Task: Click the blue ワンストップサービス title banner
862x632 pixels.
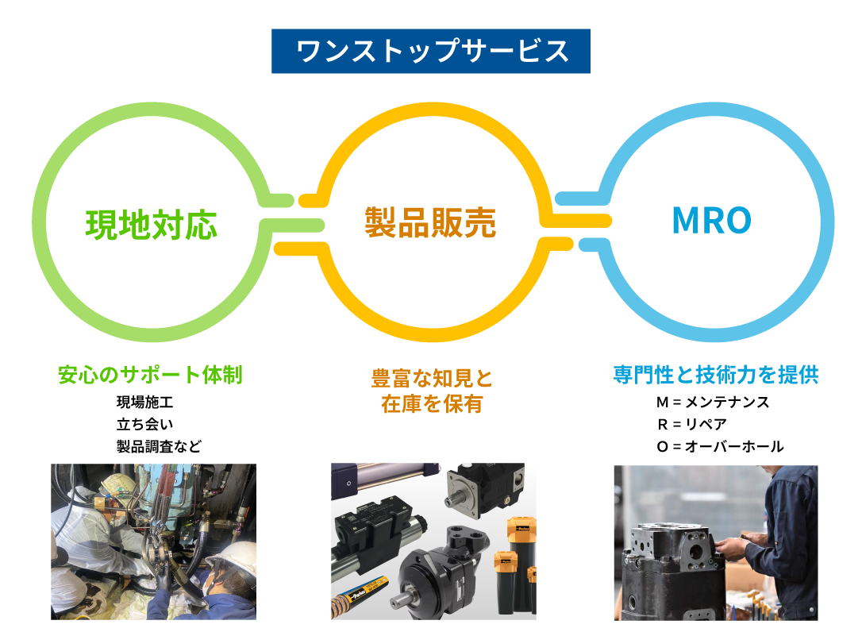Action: tap(430, 51)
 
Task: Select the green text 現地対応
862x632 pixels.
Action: tap(151, 225)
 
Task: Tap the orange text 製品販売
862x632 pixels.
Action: tap(430, 222)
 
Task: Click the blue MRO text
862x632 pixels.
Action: tap(711, 220)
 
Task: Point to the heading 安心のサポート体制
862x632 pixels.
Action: tap(150, 375)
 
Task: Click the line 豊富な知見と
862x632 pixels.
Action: tap(432, 379)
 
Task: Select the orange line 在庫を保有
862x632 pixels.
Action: tap(432, 403)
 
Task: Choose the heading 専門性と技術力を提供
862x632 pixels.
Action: tap(716, 375)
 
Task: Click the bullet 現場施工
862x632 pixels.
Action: tap(144, 402)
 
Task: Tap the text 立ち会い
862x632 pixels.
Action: tap(144, 424)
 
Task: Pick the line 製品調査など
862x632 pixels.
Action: tap(159, 446)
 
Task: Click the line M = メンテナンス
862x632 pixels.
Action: tap(713, 402)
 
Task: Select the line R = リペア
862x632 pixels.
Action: tap(691, 424)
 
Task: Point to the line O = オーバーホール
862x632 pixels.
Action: tap(720, 446)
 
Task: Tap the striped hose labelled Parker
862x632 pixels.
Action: tap(360, 595)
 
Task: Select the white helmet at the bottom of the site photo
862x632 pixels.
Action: tap(233, 565)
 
